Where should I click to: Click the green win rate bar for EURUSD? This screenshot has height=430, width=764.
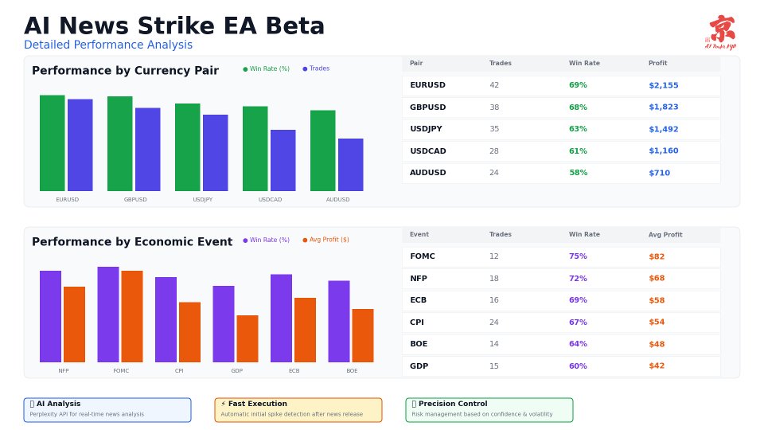pyautogui.click(x=52, y=143)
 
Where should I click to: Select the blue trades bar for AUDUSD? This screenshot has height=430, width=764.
pyautogui.click(x=350, y=165)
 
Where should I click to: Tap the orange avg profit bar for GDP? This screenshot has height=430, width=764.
pyautogui.click(x=247, y=338)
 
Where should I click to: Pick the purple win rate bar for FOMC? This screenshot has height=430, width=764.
pyautogui.click(x=108, y=315)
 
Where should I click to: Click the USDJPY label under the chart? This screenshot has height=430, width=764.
pyautogui.click(x=203, y=200)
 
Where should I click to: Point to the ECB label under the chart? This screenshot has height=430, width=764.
pyautogui.click(x=294, y=371)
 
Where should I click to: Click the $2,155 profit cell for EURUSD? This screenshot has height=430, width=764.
pyautogui.click(x=663, y=85)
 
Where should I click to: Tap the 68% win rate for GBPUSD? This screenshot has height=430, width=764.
pyautogui.click(x=578, y=107)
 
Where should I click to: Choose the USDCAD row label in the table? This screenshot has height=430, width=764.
pyautogui.click(x=427, y=151)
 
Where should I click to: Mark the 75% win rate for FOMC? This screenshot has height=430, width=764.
pyautogui.click(x=578, y=256)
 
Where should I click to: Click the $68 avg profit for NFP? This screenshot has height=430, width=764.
pyautogui.click(x=657, y=279)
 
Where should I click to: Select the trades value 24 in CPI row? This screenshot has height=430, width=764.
pyautogui.click(x=494, y=322)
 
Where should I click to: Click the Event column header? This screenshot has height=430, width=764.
pyautogui.click(x=419, y=235)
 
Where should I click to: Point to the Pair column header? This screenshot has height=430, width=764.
pyautogui.click(x=415, y=64)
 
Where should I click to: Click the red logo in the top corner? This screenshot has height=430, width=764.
pyautogui.click(x=721, y=32)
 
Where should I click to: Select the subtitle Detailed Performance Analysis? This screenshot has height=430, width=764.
pyautogui.click(x=108, y=45)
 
